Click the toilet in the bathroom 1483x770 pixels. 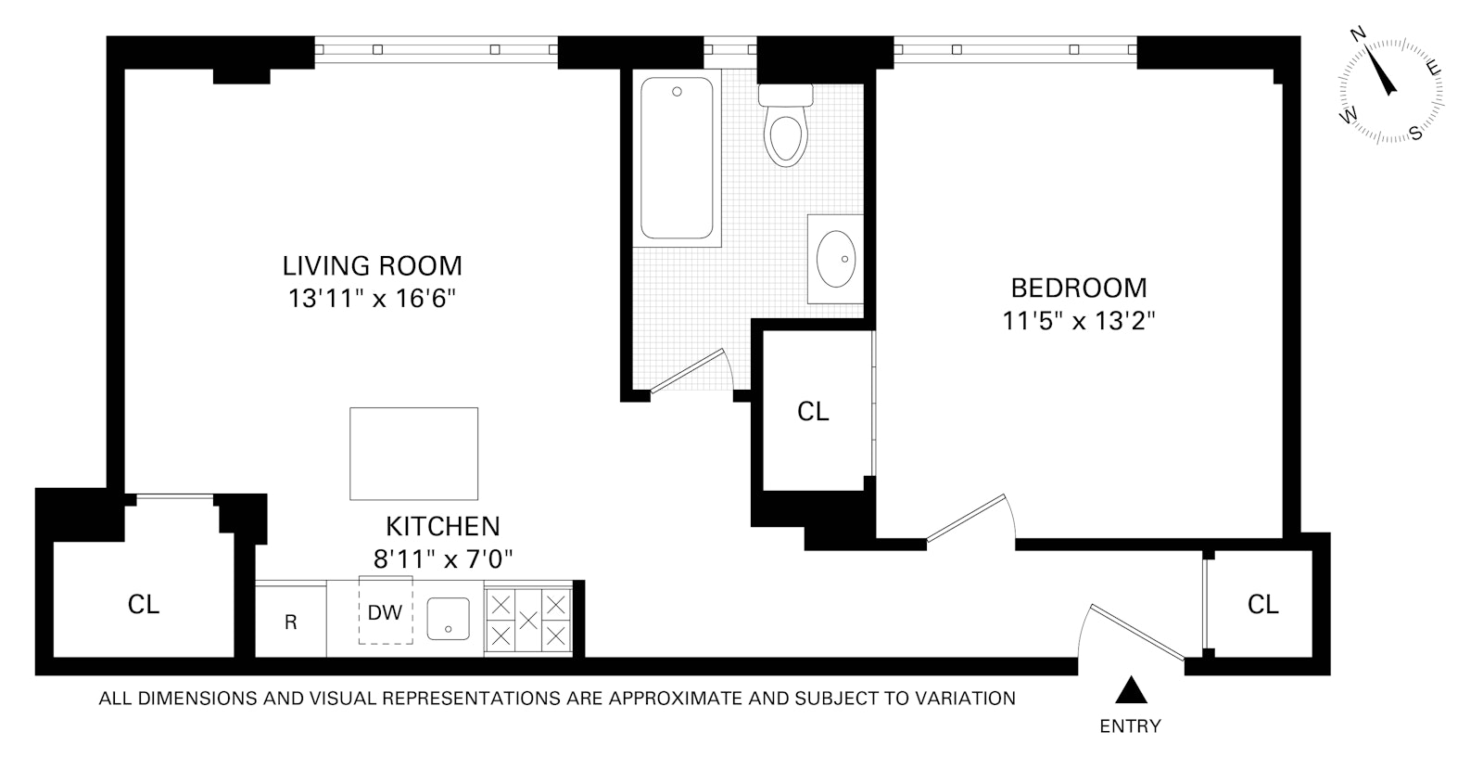(x=786, y=125)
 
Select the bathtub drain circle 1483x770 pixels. (x=677, y=92)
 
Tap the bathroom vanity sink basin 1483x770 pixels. (x=835, y=259)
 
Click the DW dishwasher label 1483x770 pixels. (x=385, y=613)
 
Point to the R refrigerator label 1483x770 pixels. (x=291, y=622)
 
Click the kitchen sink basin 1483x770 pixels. (x=449, y=619)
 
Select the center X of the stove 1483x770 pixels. (x=528, y=621)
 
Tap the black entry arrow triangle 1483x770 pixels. (x=1131, y=689)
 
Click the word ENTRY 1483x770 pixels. (x=1130, y=726)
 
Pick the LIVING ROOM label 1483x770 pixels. (x=372, y=265)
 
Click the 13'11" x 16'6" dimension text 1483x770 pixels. (x=372, y=299)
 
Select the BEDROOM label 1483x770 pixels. (x=1079, y=289)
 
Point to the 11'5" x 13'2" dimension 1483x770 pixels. (x=1079, y=321)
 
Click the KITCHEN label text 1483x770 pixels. (x=443, y=527)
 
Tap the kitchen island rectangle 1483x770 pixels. (x=413, y=454)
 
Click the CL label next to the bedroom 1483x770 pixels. (x=813, y=412)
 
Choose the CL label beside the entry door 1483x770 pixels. (x=1262, y=604)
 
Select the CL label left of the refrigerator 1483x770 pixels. (x=144, y=604)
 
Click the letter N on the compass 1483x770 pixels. (x=1358, y=34)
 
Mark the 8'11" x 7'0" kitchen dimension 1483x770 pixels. (x=443, y=560)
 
